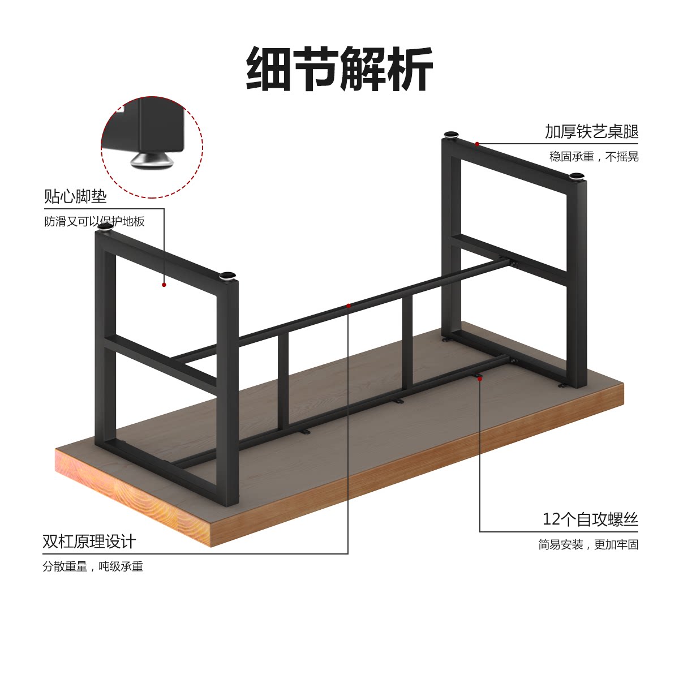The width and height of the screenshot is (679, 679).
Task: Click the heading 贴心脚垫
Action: pyautogui.click(x=75, y=196)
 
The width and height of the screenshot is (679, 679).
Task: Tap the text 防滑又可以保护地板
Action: pyautogui.click(x=94, y=221)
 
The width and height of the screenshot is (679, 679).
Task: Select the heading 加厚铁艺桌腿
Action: pyautogui.click(x=591, y=131)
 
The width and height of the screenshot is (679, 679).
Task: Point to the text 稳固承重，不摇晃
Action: pyautogui.click(x=594, y=157)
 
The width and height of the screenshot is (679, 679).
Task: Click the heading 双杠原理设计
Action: pyautogui.click(x=89, y=542)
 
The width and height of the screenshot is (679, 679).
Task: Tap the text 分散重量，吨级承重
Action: pyautogui.click(x=93, y=566)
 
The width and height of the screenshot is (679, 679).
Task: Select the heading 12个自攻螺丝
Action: pyautogui.click(x=590, y=519)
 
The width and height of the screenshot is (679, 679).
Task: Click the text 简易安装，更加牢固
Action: pyautogui.click(x=588, y=544)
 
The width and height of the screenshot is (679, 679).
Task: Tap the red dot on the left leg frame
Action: pyautogui.click(x=164, y=285)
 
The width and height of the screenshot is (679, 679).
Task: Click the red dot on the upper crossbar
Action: pyautogui.click(x=349, y=306)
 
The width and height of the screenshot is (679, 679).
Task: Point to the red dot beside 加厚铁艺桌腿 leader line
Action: pyautogui.click(x=477, y=144)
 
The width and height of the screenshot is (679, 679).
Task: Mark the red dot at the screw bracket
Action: pyautogui.click(x=480, y=378)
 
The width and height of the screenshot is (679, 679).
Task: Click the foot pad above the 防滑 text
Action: pyautogui.click(x=105, y=227)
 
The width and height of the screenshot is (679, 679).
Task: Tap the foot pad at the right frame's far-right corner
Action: pyautogui.click(x=575, y=176)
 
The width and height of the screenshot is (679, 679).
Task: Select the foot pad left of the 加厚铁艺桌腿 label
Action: pyautogui.click(x=452, y=135)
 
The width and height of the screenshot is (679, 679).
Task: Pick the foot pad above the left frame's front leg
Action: pyautogui.click(x=227, y=276)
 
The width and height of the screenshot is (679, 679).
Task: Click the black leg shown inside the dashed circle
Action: pyautogui.click(x=153, y=124)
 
